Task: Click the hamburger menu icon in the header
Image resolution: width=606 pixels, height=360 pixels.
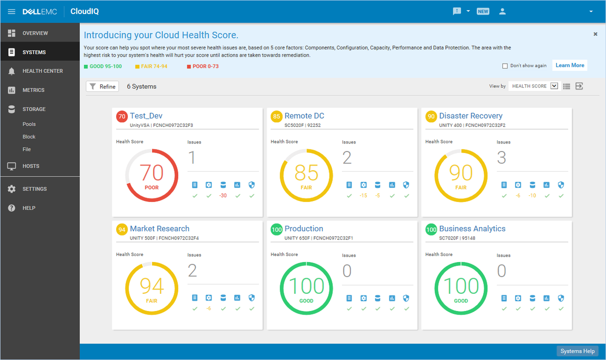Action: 12,12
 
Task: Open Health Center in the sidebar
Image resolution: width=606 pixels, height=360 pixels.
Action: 42,71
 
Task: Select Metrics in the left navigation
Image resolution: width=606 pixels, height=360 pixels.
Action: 33,90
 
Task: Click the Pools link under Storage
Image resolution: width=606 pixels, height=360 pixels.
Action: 29,124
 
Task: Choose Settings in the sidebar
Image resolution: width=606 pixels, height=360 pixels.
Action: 34,189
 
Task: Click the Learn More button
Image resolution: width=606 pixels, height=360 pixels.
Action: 570,66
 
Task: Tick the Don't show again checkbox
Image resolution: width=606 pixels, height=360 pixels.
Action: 505,66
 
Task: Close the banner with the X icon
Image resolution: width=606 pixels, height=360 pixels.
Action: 595,34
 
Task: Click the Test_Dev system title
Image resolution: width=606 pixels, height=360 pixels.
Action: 146,116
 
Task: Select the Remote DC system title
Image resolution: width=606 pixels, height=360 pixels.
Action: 304,116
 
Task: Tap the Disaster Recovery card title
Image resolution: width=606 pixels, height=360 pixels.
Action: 471,116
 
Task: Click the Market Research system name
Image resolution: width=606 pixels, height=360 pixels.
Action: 160,229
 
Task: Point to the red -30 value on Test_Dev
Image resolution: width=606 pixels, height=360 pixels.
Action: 223,196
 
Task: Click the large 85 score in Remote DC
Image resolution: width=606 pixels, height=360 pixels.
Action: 307,173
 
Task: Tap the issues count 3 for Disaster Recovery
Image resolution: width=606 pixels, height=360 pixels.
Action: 501,158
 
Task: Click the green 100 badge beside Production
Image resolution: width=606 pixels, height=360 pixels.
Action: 276,230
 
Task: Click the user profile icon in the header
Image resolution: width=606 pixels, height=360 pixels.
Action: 502,12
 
